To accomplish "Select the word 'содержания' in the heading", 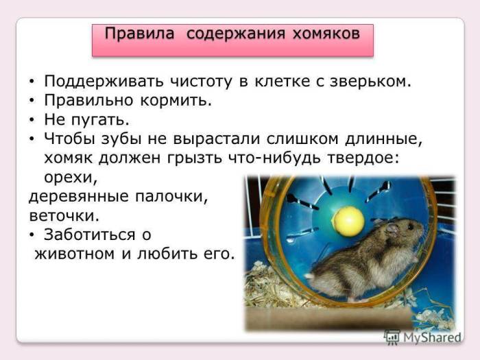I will click(228, 33).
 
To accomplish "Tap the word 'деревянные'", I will click(77, 196).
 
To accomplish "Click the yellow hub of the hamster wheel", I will click(348, 221).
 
